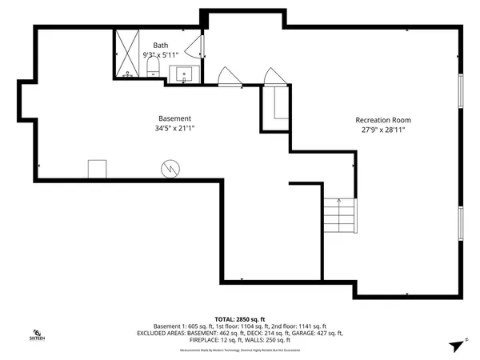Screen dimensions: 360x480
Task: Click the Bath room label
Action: (x=160, y=46)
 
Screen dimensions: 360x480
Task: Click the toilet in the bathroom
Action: (x=154, y=73)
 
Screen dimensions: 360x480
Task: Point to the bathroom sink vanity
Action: (x=185, y=74)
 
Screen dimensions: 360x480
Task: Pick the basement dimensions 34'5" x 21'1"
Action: (x=174, y=128)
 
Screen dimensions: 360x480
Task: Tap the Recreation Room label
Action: (x=389, y=120)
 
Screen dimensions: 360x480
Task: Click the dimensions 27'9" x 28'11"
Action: (x=389, y=130)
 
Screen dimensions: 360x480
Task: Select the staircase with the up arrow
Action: (x=338, y=214)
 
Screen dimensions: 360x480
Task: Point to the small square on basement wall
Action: (x=98, y=168)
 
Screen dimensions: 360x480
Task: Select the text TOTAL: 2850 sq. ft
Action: (x=240, y=318)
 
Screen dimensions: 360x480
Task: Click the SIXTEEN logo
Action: (x=37, y=335)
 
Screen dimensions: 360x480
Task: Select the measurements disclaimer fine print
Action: (x=240, y=350)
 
